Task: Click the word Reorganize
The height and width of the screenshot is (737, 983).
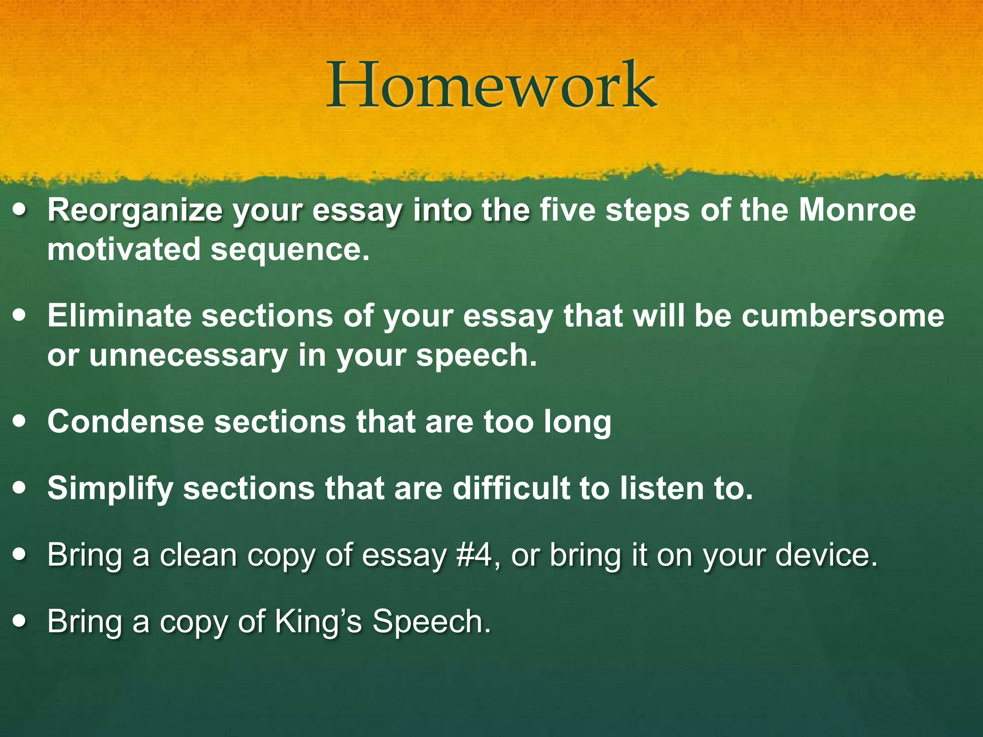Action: click(x=135, y=211)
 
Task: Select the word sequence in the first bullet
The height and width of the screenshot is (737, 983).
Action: click(x=290, y=250)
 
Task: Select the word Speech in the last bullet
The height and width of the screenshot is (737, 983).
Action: click(x=432, y=622)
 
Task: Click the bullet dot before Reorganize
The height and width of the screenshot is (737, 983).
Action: click(x=21, y=211)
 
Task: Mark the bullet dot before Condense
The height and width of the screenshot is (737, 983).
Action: click(x=21, y=422)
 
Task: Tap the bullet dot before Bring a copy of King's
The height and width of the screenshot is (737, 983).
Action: click(x=21, y=621)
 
